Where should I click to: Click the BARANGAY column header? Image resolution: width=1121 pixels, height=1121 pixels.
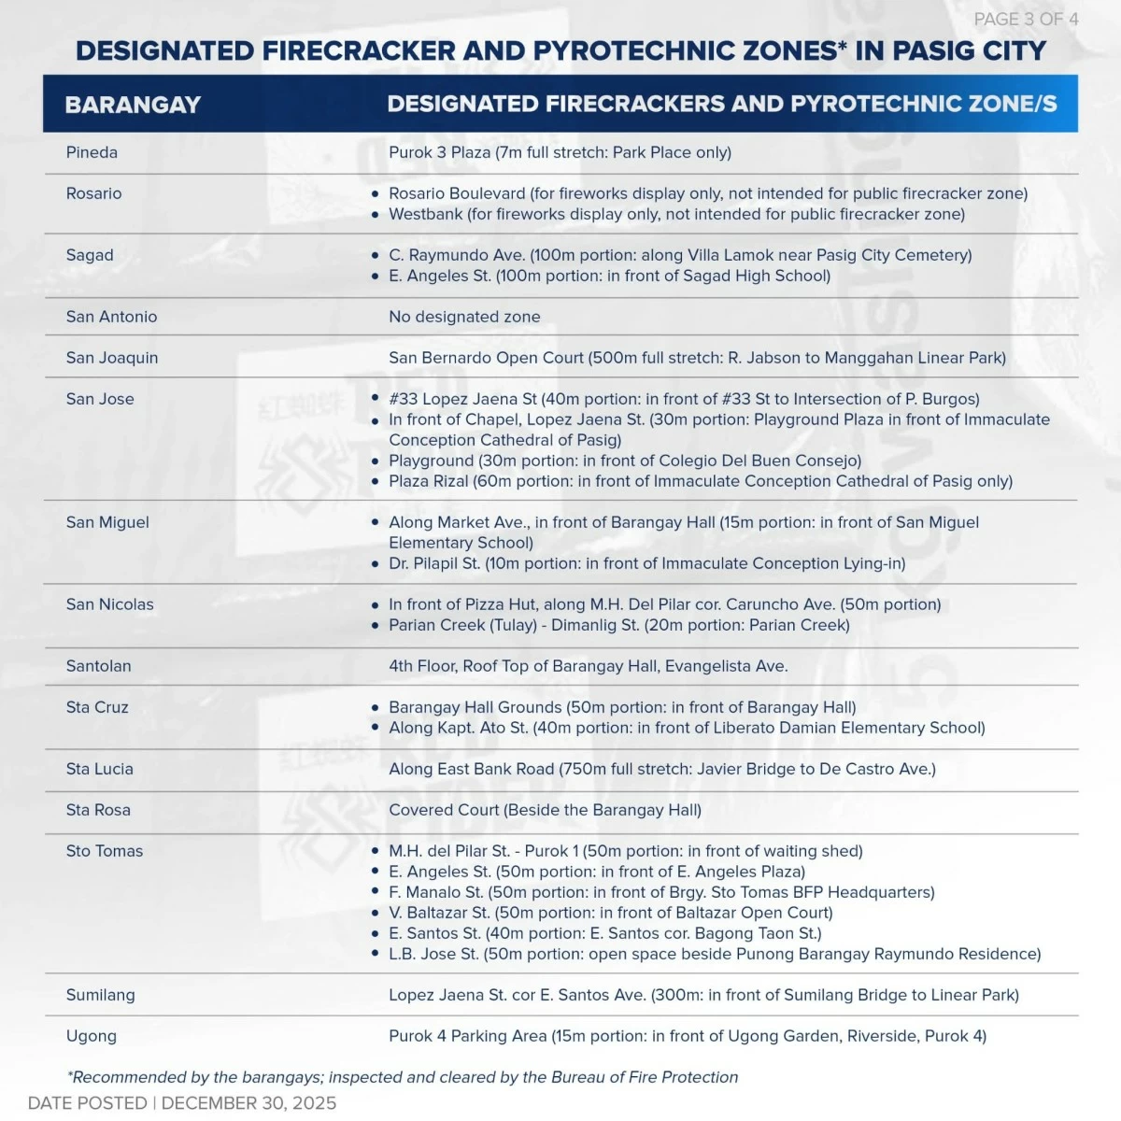[x=133, y=105]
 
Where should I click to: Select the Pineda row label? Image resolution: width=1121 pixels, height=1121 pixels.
[x=92, y=152]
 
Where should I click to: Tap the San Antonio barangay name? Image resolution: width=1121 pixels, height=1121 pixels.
[x=111, y=317]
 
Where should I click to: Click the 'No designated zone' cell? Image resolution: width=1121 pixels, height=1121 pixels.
[x=464, y=317]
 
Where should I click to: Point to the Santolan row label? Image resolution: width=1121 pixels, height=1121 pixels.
[x=98, y=666]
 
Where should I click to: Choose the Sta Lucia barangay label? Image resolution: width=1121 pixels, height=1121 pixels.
[x=99, y=769]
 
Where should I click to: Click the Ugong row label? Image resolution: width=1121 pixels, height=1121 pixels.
[x=91, y=1036]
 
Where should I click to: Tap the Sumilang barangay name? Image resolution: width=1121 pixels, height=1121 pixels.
[x=100, y=995]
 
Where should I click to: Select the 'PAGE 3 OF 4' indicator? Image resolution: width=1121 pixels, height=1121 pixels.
[x=1026, y=20]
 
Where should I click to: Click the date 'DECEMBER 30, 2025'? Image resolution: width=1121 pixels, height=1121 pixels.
[x=248, y=1103]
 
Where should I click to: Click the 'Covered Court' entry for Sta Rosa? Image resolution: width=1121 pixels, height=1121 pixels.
[x=444, y=810]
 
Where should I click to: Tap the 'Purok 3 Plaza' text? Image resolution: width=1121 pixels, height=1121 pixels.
[x=439, y=152]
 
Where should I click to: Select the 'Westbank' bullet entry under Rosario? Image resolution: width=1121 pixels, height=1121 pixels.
[x=425, y=214]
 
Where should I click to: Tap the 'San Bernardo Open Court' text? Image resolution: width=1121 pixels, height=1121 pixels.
[x=486, y=358]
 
